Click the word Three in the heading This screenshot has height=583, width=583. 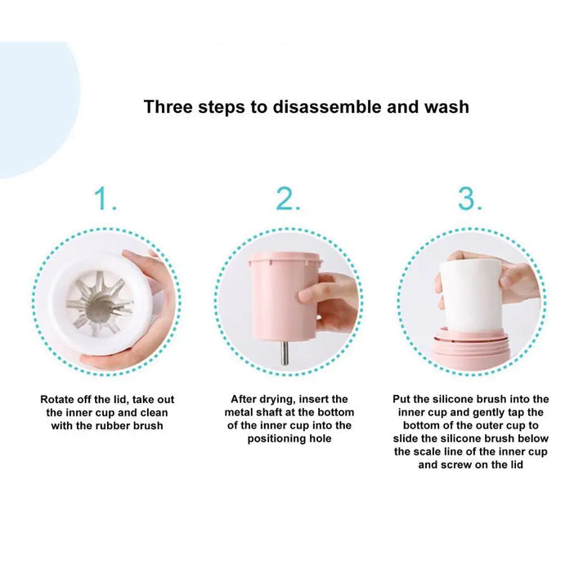click(x=168, y=107)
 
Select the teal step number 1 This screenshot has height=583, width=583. click(x=105, y=199)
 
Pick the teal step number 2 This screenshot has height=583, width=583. click(x=288, y=199)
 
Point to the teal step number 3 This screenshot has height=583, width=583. click(x=470, y=199)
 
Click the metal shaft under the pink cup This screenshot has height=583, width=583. click(x=284, y=352)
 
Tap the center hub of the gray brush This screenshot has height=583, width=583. click(x=99, y=305)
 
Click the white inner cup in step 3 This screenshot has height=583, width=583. click(x=471, y=296)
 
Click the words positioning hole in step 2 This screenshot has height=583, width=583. click(x=289, y=439)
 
